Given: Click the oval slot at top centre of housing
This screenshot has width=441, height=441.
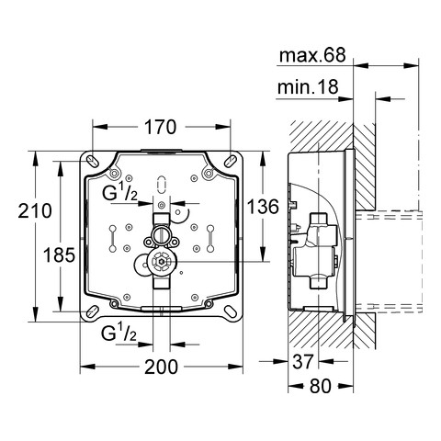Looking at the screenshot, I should pyautogui.click(x=162, y=181).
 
